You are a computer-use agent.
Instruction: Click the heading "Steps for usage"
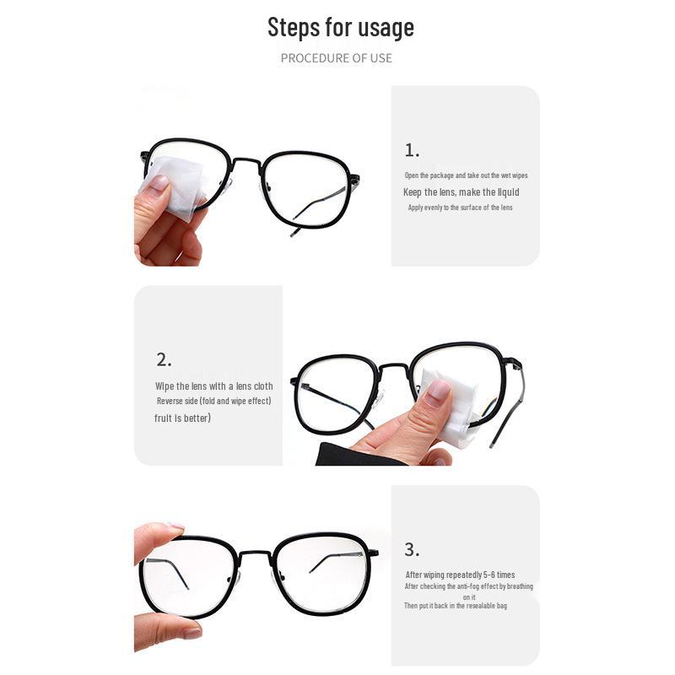coord(341,27)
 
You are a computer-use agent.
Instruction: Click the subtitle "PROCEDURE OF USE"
coord(336,58)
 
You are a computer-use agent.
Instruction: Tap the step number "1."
coord(412,151)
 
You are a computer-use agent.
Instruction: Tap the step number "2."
coord(164,359)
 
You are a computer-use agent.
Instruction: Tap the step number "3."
coord(412,550)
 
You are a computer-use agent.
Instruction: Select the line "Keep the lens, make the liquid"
coord(461,192)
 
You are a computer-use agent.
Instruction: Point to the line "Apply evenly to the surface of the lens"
coord(460,208)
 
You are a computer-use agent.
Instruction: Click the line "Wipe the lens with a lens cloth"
coord(214,386)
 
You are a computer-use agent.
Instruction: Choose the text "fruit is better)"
coord(183,418)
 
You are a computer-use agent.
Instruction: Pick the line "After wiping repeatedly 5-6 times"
coord(460,575)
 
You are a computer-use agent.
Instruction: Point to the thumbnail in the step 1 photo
coord(157,186)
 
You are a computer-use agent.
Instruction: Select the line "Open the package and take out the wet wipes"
coord(466,175)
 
